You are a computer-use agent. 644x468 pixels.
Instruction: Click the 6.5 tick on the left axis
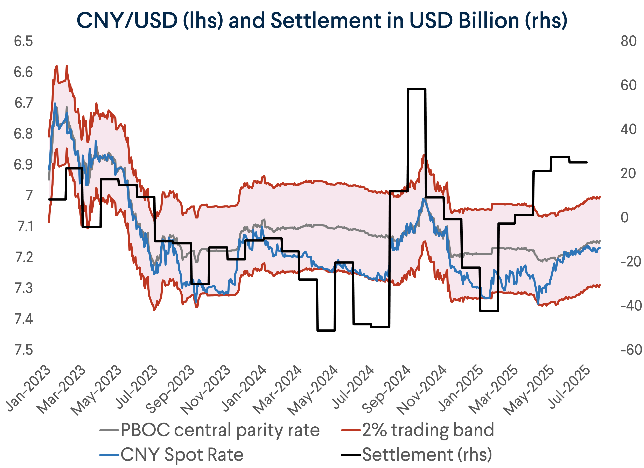[23, 41]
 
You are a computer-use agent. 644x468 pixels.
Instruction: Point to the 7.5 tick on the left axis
[23, 350]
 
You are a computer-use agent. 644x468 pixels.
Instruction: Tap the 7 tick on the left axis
[29, 196]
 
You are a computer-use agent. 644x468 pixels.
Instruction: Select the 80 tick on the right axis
[628, 41]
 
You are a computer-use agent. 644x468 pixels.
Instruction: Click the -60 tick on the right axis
[631, 350]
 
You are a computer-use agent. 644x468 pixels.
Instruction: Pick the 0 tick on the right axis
[624, 218]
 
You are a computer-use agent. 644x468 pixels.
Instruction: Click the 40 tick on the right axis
[628, 130]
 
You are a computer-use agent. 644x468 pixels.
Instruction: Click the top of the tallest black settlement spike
[416, 89]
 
